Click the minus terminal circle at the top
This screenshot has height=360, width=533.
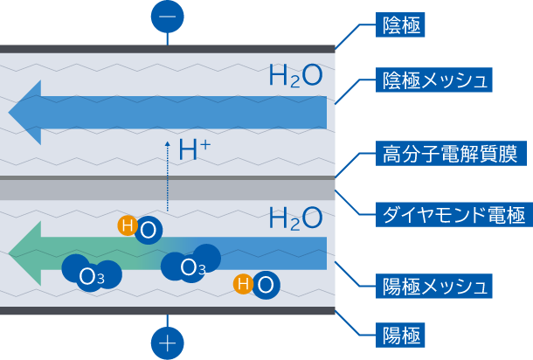168,16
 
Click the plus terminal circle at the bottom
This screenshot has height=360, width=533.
168,343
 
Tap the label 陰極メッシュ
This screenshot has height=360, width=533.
434,80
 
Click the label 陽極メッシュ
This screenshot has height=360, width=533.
434,284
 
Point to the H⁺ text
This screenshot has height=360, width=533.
194,150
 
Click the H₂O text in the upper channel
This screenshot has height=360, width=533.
295,76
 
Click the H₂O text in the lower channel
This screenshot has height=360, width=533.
295,218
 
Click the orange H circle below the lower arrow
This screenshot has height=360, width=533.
243,283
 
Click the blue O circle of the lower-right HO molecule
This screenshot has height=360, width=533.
266,284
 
